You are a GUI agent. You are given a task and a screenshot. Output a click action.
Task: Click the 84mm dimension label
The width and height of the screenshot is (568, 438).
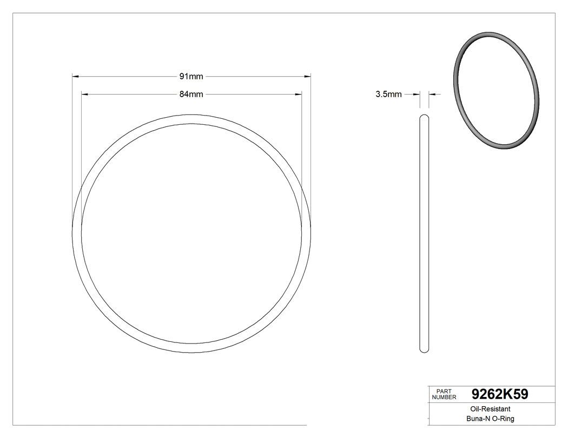[x=191, y=94]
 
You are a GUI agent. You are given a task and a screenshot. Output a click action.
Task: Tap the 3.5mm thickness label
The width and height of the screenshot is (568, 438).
[x=388, y=95]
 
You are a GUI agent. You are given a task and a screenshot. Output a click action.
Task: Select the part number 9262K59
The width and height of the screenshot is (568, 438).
[x=499, y=394]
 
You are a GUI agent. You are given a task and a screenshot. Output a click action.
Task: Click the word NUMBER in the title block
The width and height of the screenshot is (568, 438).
[x=444, y=397]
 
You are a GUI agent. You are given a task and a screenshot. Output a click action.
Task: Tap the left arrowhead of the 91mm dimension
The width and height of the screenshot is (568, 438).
[x=76, y=77]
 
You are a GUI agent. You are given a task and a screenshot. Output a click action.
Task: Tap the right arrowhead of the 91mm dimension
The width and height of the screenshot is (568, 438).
[x=307, y=77]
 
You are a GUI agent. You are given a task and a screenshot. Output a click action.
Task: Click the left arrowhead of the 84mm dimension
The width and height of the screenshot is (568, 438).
[x=84, y=94]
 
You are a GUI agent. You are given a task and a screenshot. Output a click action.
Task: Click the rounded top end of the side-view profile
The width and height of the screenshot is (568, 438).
[x=424, y=117]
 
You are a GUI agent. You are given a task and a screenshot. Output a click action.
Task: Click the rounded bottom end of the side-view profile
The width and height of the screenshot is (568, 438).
[x=424, y=350]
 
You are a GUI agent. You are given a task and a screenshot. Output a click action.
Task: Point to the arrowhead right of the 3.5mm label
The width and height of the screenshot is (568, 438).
[x=417, y=95]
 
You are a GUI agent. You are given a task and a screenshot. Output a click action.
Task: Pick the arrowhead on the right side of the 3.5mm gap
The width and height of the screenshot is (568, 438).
[x=432, y=95]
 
